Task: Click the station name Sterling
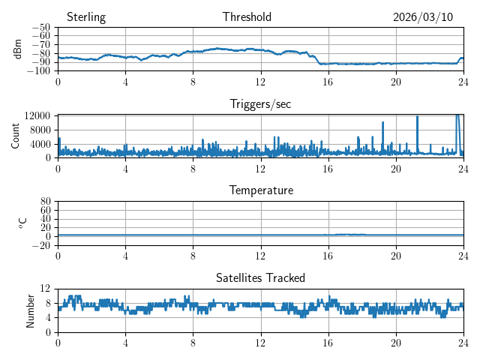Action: click(85, 17)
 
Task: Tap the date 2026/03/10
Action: click(423, 17)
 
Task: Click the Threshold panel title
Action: click(247, 17)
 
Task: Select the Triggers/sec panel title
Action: click(260, 104)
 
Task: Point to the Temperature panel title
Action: click(260, 190)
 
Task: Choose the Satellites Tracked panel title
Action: click(260, 277)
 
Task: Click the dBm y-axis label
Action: click(18, 48)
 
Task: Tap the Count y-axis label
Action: click(16, 136)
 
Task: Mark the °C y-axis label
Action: click(22, 223)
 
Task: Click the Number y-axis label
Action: click(31, 310)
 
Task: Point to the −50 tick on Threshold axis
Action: click(41, 26)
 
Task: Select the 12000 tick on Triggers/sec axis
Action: click(37, 115)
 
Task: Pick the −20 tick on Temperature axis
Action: click(41, 245)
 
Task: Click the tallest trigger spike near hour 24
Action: click(457, 116)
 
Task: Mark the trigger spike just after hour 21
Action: click(417, 117)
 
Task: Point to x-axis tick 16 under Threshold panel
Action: click(328, 82)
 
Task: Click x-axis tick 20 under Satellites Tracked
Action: click(396, 342)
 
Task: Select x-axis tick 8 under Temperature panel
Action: click(193, 256)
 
